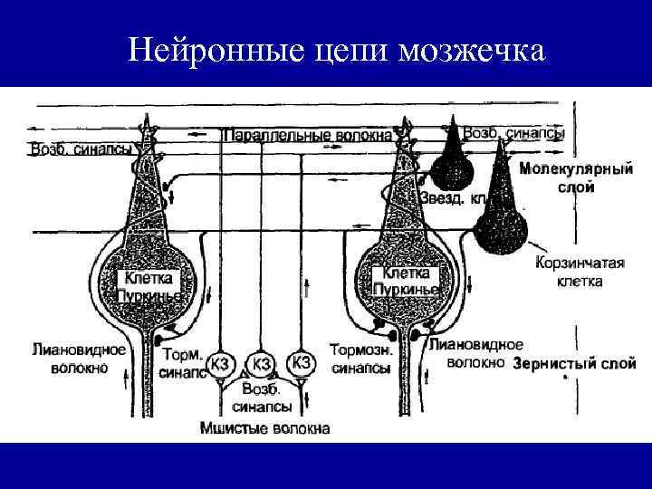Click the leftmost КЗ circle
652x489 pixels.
coord(220,364)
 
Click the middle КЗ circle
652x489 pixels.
coord(262,364)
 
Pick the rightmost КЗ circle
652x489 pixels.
coord(302,364)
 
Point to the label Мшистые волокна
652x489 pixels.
coord(264,427)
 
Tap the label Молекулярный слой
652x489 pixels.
coord(575,178)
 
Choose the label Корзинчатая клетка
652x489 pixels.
coord(580,272)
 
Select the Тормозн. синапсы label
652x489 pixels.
coord(361,359)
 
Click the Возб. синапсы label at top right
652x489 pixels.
coord(513,133)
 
